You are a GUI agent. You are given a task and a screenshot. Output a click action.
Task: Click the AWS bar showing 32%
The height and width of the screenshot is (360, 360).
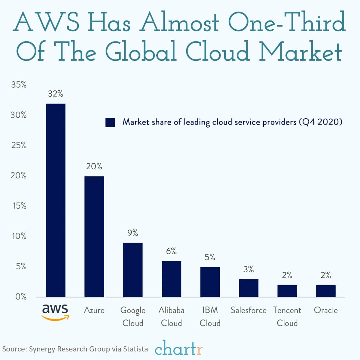(x=56, y=200)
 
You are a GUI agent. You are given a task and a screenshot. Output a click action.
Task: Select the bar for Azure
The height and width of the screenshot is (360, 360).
(x=94, y=237)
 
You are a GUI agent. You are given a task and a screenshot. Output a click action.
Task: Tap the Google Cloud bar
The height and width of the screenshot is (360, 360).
(x=133, y=270)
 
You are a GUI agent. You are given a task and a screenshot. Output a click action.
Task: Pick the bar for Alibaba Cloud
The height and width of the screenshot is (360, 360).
(x=171, y=279)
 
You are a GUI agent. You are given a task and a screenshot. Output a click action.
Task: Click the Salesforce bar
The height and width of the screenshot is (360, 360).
(x=249, y=288)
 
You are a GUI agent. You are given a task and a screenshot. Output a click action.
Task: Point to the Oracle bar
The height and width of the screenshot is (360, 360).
(x=326, y=291)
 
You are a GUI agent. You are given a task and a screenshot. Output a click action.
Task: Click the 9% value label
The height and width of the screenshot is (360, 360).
(x=133, y=233)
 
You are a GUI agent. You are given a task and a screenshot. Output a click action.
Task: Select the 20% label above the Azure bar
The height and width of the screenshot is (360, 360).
(x=94, y=166)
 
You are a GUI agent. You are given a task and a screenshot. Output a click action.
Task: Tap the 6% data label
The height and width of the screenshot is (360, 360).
(x=171, y=251)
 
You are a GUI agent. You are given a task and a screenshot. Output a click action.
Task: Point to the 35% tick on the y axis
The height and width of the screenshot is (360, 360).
(x=19, y=85)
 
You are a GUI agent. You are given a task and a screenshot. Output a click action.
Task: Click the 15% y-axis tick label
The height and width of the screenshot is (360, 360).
(x=19, y=206)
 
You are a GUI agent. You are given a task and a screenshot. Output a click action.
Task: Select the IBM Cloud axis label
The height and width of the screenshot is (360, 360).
(x=210, y=316)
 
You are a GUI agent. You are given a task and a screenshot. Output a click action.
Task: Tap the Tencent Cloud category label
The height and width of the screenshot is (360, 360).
(x=287, y=316)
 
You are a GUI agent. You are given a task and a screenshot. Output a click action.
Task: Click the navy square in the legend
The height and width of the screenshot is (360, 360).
(x=110, y=123)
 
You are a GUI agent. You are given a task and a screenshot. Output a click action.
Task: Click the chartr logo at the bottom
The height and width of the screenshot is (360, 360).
(x=179, y=348)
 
